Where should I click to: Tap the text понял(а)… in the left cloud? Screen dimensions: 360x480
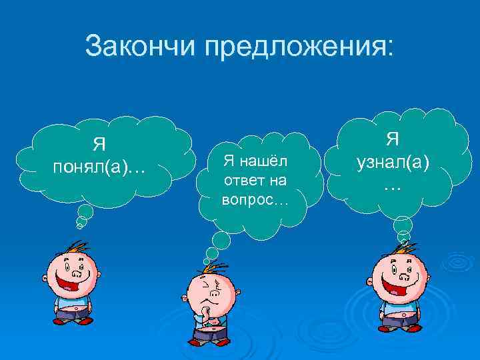pyautogui.click(x=100, y=167)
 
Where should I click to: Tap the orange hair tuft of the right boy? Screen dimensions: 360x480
pyautogui.click(x=400, y=249)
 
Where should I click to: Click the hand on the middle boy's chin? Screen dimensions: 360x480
pyautogui.click(x=206, y=311)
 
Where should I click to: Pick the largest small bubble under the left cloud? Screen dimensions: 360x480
pyautogui.click(x=85, y=211)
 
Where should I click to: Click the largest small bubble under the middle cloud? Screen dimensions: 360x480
pyautogui.click(x=219, y=240)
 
